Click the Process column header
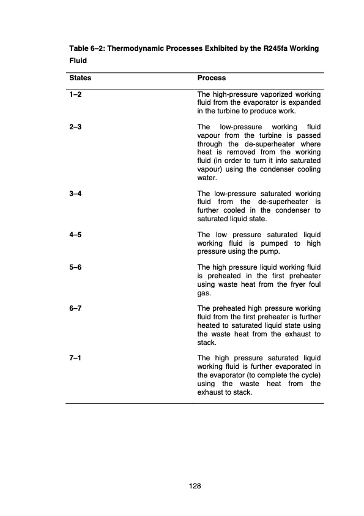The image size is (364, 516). (x=212, y=78)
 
